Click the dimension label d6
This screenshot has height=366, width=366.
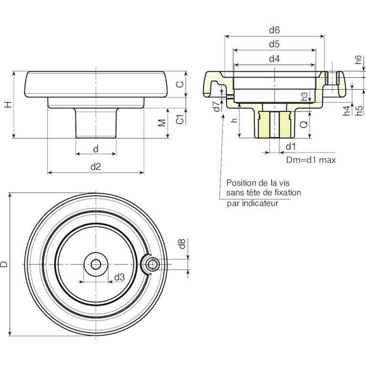[274, 30]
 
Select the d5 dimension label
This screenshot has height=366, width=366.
[274, 44]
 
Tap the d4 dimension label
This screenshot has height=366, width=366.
[274, 59]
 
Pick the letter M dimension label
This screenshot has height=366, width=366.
[162, 123]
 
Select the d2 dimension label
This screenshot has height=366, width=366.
[96, 166]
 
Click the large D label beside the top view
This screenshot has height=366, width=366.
[4, 264]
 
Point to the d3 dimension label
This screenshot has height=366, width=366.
[120, 277]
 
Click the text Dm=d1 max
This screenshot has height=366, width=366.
[311, 160]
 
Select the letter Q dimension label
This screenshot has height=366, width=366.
[304, 125]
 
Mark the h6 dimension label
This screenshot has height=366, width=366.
[358, 60]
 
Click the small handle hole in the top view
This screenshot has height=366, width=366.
[152, 263]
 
